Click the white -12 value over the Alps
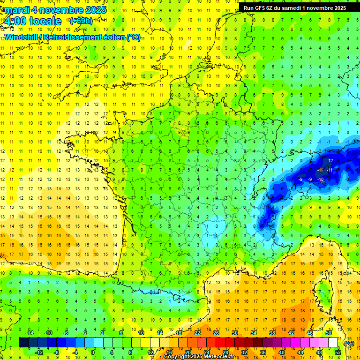pyautogui.click(x=330, y=161)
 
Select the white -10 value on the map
pyautogui.click(x=321, y=180)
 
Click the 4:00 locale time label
pyautogui.click(x=32, y=21)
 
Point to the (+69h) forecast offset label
pyautogui.click(x=81, y=21)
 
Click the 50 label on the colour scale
pyautogui.click(x=329, y=333)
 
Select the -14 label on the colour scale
pyautogui.click(x=30, y=333)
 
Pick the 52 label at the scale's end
pyautogui.click(x=338, y=352)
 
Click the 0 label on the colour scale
pyautogui.click(x=93, y=352)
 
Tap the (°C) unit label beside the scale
pyautogui.click(x=349, y=343)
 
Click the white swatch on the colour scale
pyautogui.click(x=333, y=343)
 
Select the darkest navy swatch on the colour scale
pyautogui.click(x=23, y=343)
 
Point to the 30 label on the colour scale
pyautogui.click(x=234, y=333)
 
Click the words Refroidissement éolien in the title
pyautogui.click(x=94, y=37)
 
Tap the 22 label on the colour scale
pyautogui.click(x=197, y=333)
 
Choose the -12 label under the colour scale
pyautogui.click(x=39, y=352)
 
